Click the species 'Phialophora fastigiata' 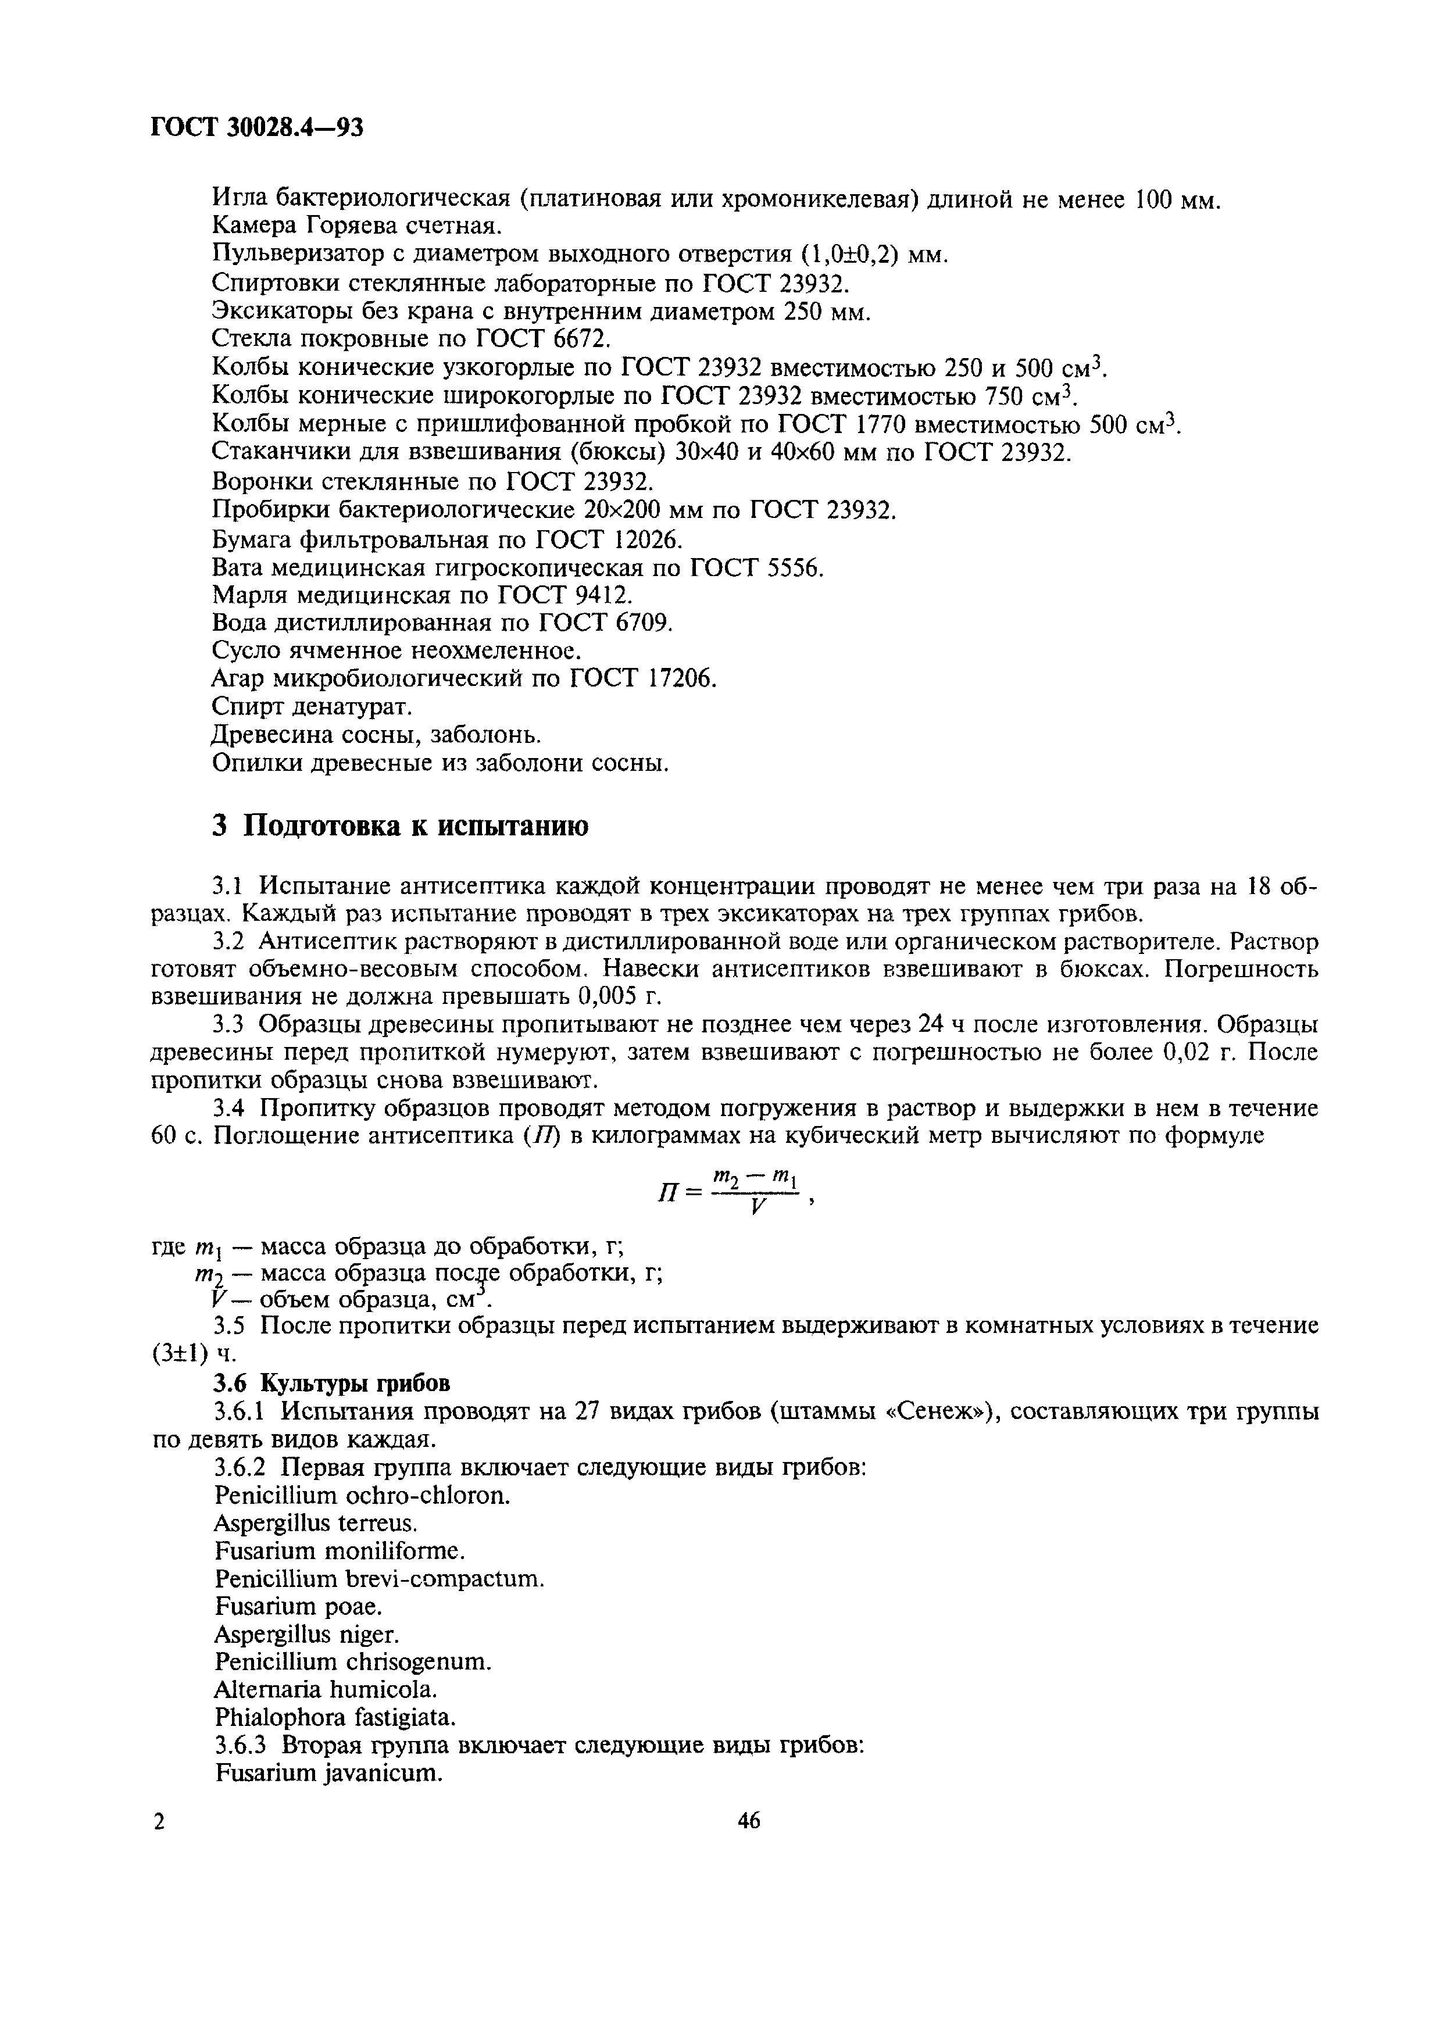click(335, 1717)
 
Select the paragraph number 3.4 click(228, 1108)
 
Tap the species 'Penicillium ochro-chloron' click(363, 1496)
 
